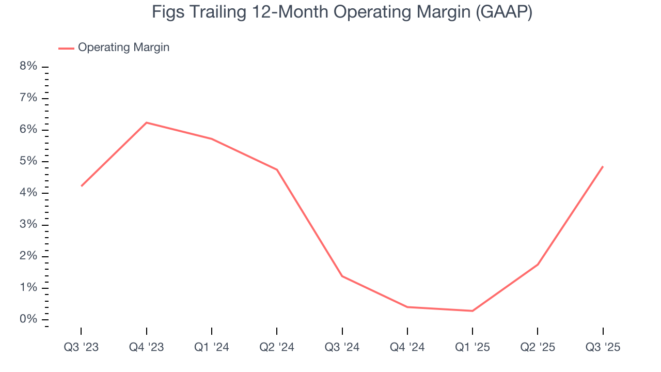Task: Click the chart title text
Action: tap(342, 12)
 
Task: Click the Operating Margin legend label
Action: tap(123, 48)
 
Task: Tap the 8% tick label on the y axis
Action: tap(29, 67)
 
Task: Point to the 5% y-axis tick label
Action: tap(29, 161)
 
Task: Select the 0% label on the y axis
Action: tap(29, 319)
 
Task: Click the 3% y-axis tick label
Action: tap(29, 225)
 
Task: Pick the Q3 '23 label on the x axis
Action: tap(81, 347)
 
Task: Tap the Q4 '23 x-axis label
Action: tap(146, 347)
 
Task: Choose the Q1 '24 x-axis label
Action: tap(212, 347)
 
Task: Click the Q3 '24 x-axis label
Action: tap(342, 347)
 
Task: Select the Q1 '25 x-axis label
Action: tap(473, 347)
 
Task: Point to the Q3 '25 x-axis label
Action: tap(603, 347)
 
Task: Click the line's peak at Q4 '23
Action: tap(147, 122)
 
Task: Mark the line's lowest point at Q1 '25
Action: tap(473, 311)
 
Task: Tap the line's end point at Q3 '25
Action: tap(603, 166)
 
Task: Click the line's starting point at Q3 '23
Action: tap(81, 186)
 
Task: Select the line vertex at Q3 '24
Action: tap(342, 276)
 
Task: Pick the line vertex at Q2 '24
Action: tap(277, 169)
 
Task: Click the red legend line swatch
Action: tap(66, 48)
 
